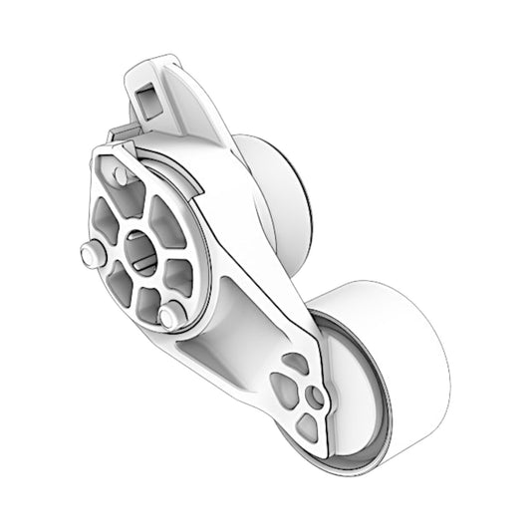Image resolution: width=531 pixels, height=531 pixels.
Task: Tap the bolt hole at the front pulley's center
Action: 316,398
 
